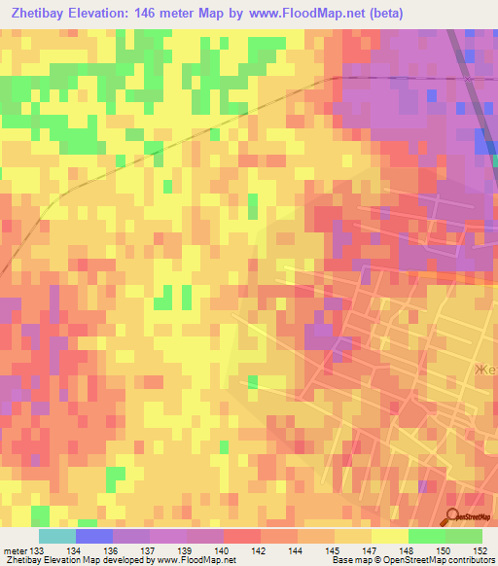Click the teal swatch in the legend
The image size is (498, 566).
pyautogui.click(x=57, y=536)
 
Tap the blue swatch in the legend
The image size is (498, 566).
pyautogui.click(x=94, y=536)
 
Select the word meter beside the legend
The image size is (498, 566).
pyautogui.click(x=15, y=551)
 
